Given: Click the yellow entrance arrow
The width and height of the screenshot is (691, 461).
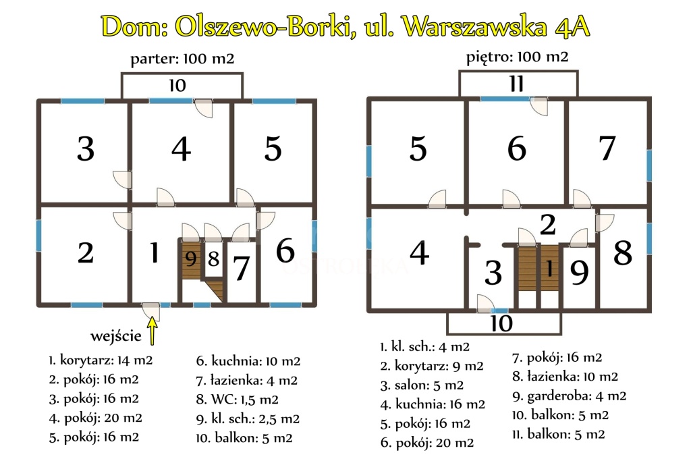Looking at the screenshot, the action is tap(152, 331).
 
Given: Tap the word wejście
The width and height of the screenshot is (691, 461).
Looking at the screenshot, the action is tap(116, 336).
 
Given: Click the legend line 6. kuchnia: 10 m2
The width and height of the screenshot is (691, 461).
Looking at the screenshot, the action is tap(248, 361).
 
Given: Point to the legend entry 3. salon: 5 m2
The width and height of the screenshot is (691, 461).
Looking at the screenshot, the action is tap(422, 385).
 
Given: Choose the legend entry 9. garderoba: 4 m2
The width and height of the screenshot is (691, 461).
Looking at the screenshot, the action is tap(569, 396).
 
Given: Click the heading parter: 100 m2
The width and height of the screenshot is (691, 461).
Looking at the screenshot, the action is tap(182, 59).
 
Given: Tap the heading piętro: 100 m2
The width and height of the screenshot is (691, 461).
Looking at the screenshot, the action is tap(518, 57).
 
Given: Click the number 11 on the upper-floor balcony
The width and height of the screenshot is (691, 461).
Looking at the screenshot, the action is tap(516, 84).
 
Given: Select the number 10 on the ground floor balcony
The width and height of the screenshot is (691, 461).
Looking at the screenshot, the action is tap(177, 86).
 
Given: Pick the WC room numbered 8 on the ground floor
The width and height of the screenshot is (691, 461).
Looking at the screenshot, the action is tap(214, 259).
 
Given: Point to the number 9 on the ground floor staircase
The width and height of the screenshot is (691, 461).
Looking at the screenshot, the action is tap(191, 259).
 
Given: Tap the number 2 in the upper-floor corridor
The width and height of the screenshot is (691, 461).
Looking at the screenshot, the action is tap(547, 225).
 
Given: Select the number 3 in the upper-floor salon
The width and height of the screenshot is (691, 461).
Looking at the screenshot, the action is tap(493, 273).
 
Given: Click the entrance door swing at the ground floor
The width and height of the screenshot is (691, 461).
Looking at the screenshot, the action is tap(151, 311).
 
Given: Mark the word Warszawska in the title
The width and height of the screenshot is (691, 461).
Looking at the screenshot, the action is tap(475, 26).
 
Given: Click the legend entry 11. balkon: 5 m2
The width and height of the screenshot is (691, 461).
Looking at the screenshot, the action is tap(558, 435).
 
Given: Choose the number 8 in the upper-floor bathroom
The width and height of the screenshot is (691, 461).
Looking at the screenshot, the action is tap(623, 253).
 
